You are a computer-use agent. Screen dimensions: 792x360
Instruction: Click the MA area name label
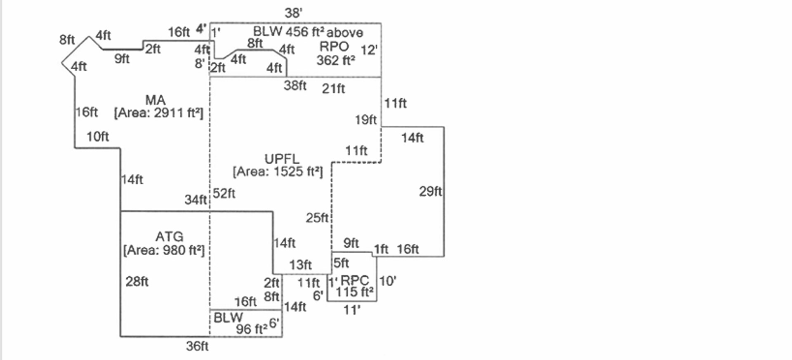[x=156, y=100]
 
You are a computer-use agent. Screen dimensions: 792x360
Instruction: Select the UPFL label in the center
[x=282, y=159]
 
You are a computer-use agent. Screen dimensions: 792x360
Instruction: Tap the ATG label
[x=169, y=237]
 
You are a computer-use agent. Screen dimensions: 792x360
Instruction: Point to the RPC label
[x=355, y=280]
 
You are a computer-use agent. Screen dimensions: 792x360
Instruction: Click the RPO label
[x=334, y=46]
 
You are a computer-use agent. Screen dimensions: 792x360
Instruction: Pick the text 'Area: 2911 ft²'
[x=159, y=113]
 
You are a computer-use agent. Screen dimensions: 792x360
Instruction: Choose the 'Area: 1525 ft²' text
[x=278, y=172]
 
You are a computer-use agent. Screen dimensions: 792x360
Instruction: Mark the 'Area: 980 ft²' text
[x=164, y=250]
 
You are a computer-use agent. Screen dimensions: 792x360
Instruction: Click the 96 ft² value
[x=252, y=329]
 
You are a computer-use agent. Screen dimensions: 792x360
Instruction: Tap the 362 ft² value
[x=336, y=60]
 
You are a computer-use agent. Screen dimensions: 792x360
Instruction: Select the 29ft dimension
[x=430, y=191]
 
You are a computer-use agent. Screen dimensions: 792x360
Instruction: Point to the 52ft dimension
[x=224, y=193]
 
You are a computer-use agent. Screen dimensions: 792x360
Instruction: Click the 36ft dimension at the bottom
[x=197, y=346]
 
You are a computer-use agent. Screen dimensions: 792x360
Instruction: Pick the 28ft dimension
[x=137, y=282]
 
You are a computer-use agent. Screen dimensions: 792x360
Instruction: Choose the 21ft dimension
[x=333, y=89]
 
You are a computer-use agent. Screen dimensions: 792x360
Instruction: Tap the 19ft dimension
[x=366, y=120]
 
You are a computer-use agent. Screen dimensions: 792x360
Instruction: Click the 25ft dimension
[x=317, y=218]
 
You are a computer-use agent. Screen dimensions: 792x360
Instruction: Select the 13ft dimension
[x=300, y=265]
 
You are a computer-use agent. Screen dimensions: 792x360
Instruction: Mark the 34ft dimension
[x=196, y=200]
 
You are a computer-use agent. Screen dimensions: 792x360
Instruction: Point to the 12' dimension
[x=369, y=50]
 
